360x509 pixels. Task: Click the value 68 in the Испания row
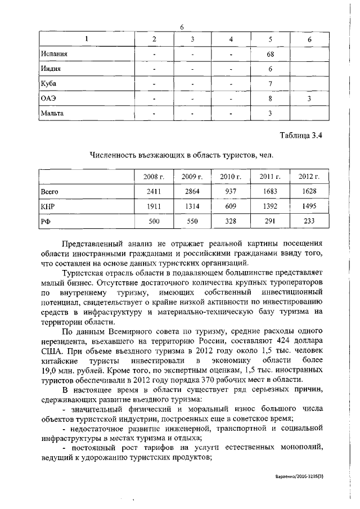(x=270, y=54)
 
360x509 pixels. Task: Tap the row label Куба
(x=49, y=84)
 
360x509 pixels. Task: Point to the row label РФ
(x=46, y=222)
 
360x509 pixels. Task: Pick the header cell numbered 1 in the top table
(x=87, y=39)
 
